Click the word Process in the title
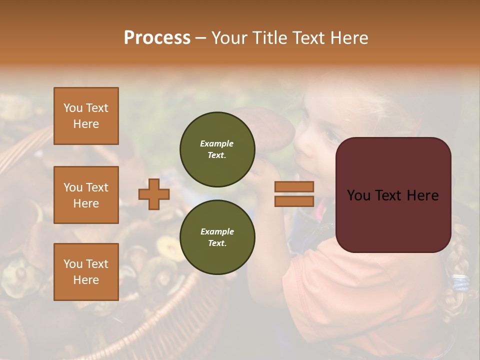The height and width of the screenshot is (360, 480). coord(157,37)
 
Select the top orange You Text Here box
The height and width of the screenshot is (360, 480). coord(86,116)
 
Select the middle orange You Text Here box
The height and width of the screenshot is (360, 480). coord(86,195)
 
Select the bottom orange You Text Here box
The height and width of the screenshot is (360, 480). coord(86,272)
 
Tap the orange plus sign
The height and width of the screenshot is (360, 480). coord(154,194)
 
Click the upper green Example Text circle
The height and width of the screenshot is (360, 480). coord(217,149)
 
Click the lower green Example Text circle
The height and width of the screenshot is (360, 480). coord(217,237)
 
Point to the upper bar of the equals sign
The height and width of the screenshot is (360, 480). coord(294,186)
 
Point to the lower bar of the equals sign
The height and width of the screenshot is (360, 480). coord(294,201)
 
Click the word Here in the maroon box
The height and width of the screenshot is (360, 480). coord(422,195)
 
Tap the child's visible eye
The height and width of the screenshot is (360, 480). coord(331,134)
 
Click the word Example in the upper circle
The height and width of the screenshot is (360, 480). coord(217,143)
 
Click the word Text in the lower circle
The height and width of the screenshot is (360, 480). coord(217,243)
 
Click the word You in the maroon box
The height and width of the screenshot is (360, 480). coord(358,195)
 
